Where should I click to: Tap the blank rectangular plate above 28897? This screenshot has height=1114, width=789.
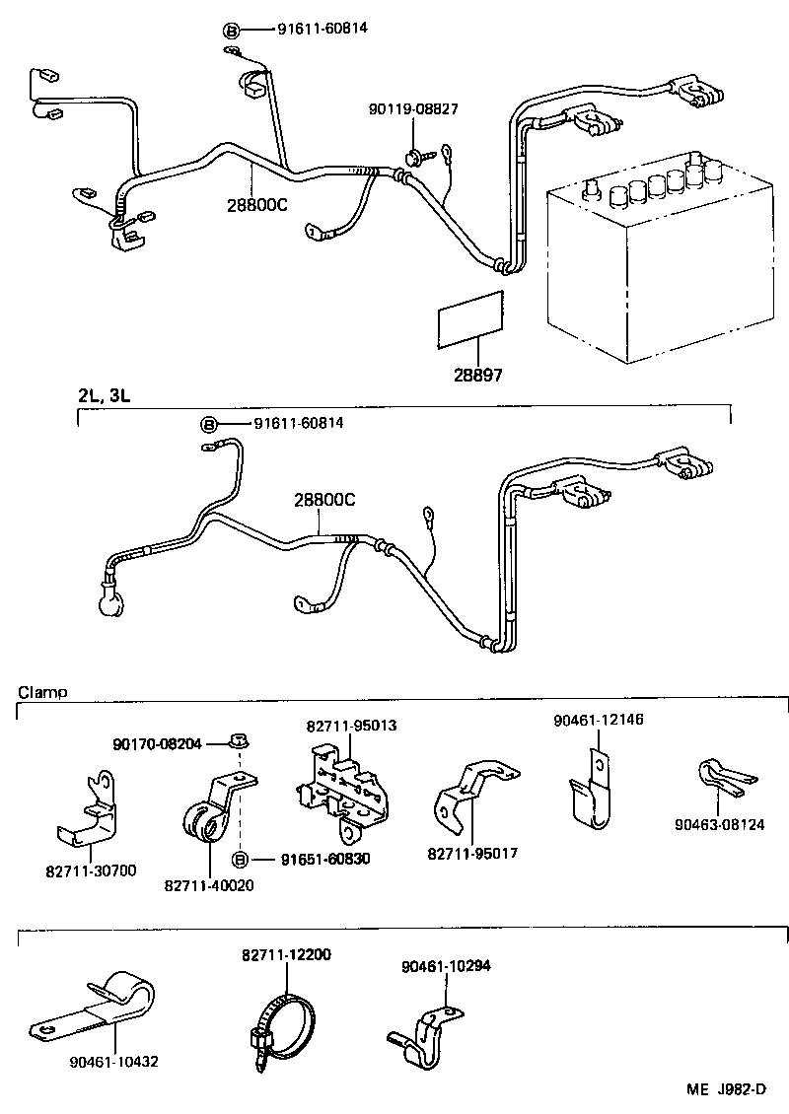[x=470, y=318]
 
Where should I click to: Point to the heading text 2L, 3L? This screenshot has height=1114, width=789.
[x=105, y=395]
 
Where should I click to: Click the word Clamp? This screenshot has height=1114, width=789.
[x=42, y=692]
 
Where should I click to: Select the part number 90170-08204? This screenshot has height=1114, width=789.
[x=158, y=744]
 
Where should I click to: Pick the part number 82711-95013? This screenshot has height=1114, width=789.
[x=351, y=725]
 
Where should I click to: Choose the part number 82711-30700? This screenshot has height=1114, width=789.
[x=91, y=870]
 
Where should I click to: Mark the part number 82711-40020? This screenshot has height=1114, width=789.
[x=209, y=885]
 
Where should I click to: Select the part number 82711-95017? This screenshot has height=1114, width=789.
[x=473, y=853]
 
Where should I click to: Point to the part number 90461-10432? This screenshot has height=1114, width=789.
[x=114, y=1062]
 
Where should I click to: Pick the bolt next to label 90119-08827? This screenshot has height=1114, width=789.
[x=413, y=156]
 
